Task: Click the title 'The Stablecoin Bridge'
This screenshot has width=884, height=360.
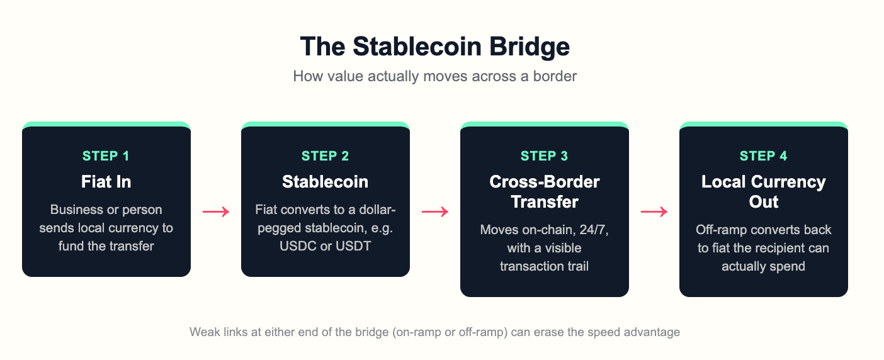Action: click(434, 47)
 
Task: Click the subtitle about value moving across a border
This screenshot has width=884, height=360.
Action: click(434, 76)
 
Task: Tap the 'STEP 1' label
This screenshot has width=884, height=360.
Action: click(106, 155)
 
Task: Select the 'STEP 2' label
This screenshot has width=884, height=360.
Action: click(325, 155)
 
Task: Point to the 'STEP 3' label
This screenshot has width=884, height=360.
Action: click(544, 155)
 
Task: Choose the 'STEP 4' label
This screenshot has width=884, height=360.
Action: click(763, 155)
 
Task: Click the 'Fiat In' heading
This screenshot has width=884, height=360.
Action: click(106, 182)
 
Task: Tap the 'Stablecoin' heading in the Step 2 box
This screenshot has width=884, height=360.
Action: click(325, 182)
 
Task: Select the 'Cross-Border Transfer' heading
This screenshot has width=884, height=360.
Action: click(545, 191)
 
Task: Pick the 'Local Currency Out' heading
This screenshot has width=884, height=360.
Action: click(764, 191)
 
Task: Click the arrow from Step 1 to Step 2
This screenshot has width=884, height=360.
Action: click(216, 211)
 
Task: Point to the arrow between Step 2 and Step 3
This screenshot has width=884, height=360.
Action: click(435, 211)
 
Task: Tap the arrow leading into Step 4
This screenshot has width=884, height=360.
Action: click(654, 211)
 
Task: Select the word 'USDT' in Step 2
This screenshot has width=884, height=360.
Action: click(353, 246)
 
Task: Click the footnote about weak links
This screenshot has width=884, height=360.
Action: click(434, 332)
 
